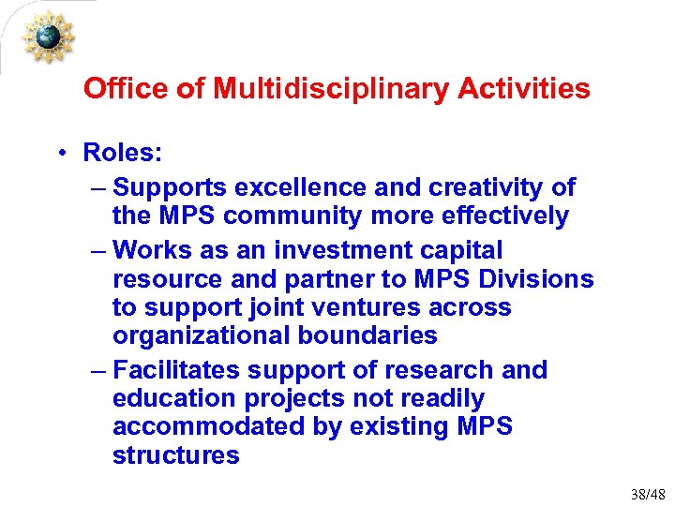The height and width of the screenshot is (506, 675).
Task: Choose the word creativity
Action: click(478, 187)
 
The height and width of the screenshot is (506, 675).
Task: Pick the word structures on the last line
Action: click(175, 455)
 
